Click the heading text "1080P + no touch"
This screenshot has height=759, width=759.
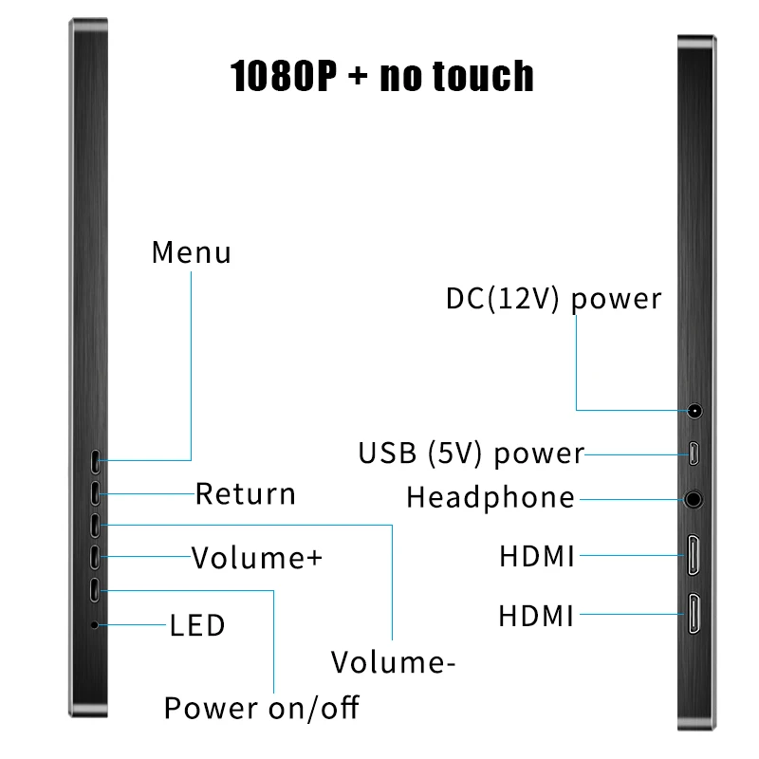point(381,76)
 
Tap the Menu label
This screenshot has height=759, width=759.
point(191,253)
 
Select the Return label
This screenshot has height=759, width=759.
point(246,494)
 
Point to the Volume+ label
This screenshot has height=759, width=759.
point(257,558)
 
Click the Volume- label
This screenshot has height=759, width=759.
point(393,662)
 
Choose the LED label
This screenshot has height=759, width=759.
point(197,626)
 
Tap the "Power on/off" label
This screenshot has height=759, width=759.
point(262,708)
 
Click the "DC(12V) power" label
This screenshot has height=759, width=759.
point(553,299)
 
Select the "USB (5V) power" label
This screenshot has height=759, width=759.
point(471,454)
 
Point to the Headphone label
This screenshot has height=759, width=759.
point(491,498)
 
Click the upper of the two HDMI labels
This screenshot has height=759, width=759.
point(537,557)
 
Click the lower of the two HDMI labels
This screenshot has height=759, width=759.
point(537,617)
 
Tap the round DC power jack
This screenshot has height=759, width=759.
point(695,412)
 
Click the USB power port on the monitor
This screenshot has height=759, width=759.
point(695,454)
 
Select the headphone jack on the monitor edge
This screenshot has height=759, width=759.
point(695,498)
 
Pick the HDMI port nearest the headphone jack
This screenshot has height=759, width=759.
point(695,557)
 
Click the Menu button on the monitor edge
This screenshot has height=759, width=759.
point(97,461)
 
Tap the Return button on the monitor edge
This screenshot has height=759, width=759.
point(97,493)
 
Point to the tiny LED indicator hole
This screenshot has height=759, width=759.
point(94,625)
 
